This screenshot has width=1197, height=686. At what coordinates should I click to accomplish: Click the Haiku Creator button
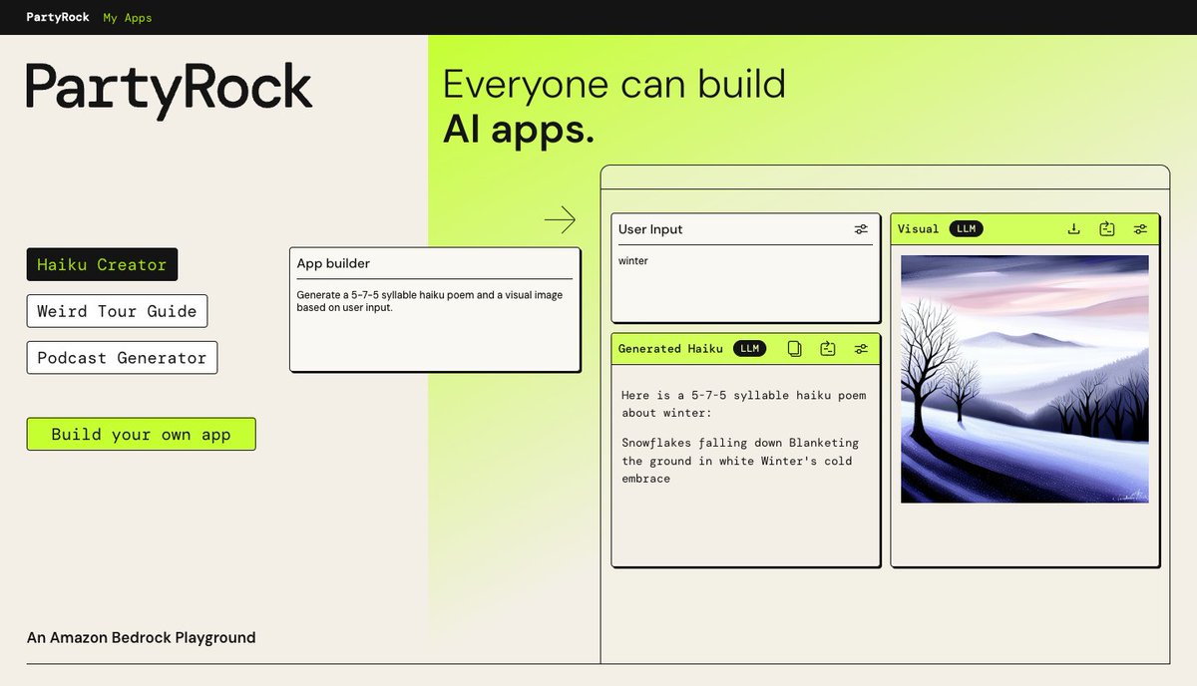point(102,264)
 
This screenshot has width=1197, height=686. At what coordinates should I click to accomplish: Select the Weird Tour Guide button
point(117,311)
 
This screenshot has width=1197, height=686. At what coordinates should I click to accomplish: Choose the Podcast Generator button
point(122,358)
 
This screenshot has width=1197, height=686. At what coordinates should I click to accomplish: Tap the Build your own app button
point(141,434)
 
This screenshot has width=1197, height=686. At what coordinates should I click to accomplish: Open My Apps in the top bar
point(128,17)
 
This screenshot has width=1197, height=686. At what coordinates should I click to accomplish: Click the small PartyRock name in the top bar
point(57,17)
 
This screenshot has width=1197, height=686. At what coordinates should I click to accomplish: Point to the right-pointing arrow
point(560,219)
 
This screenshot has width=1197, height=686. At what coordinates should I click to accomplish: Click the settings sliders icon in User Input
point(861,229)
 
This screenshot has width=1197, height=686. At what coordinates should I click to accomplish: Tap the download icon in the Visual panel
point(1074,228)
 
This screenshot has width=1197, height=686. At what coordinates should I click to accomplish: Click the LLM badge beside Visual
point(966,228)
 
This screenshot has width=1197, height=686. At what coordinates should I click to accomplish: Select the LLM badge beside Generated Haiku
point(749,348)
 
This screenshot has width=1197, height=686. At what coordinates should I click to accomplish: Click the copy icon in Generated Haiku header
point(795,348)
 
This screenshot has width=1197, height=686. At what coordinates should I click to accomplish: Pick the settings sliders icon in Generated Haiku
point(861,348)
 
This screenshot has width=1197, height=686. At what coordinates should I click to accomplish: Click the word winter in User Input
point(633,261)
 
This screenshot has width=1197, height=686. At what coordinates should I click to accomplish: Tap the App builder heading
point(333,263)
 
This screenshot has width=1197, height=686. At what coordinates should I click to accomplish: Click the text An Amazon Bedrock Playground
point(141,637)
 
